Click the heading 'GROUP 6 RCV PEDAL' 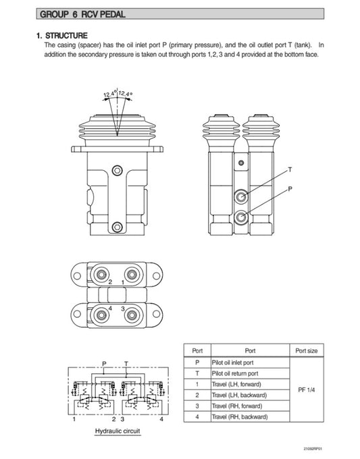point(83,14)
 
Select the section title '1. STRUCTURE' point(61,35)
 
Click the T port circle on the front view point(241,196)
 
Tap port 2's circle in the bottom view point(102,274)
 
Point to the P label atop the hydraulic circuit point(103,363)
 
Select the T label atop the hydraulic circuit point(126,363)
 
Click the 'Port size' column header point(307,351)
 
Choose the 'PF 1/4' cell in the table point(307,389)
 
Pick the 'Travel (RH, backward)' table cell point(240,416)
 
